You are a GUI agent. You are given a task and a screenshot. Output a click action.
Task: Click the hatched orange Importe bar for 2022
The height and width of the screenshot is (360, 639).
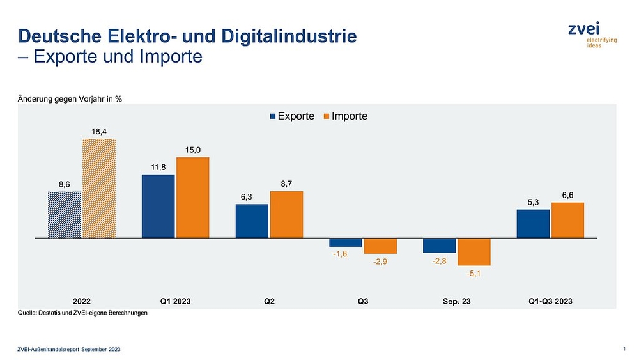click(x=98, y=188)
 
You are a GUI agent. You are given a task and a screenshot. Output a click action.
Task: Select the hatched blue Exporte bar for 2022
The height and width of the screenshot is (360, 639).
click(x=65, y=214)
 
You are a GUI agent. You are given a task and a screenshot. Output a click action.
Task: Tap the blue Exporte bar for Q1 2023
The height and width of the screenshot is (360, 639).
click(x=158, y=206)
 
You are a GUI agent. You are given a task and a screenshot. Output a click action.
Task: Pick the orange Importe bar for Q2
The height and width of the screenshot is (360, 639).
click(x=286, y=214)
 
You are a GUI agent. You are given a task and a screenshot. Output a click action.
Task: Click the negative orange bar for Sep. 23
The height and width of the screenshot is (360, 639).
click(x=473, y=251)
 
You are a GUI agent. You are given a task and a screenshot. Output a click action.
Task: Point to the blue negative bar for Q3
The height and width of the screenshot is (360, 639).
click(x=346, y=242)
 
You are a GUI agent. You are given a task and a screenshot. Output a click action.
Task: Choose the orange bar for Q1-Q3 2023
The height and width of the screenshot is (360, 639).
click(x=567, y=220)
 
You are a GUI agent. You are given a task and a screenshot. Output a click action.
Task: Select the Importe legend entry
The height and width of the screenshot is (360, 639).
click(x=345, y=116)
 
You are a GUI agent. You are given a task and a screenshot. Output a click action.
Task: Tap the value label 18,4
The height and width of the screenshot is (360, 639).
click(x=98, y=132)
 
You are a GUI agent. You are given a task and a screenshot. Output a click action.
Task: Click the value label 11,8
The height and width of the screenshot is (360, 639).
click(x=158, y=168)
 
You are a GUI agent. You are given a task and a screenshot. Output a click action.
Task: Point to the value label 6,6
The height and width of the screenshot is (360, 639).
click(x=567, y=196)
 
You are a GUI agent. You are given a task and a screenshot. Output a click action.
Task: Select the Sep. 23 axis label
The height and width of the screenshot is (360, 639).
click(x=456, y=301)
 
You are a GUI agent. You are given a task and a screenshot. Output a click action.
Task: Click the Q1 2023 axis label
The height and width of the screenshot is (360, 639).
click(x=174, y=301)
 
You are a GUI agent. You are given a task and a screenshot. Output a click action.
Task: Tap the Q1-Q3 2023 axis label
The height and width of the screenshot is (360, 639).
click(x=550, y=301)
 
